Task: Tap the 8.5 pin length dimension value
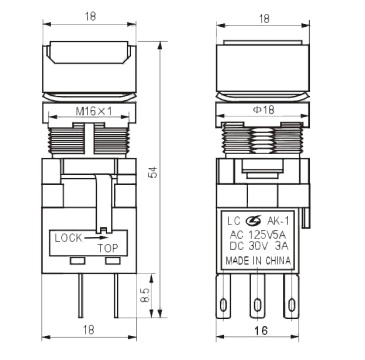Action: point(145,295)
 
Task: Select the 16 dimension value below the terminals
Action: point(262,330)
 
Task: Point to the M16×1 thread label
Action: point(93,111)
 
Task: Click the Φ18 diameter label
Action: point(263,110)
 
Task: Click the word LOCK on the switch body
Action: point(68,238)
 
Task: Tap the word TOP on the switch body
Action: point(107,248)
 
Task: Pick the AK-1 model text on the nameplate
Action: point(276,221)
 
